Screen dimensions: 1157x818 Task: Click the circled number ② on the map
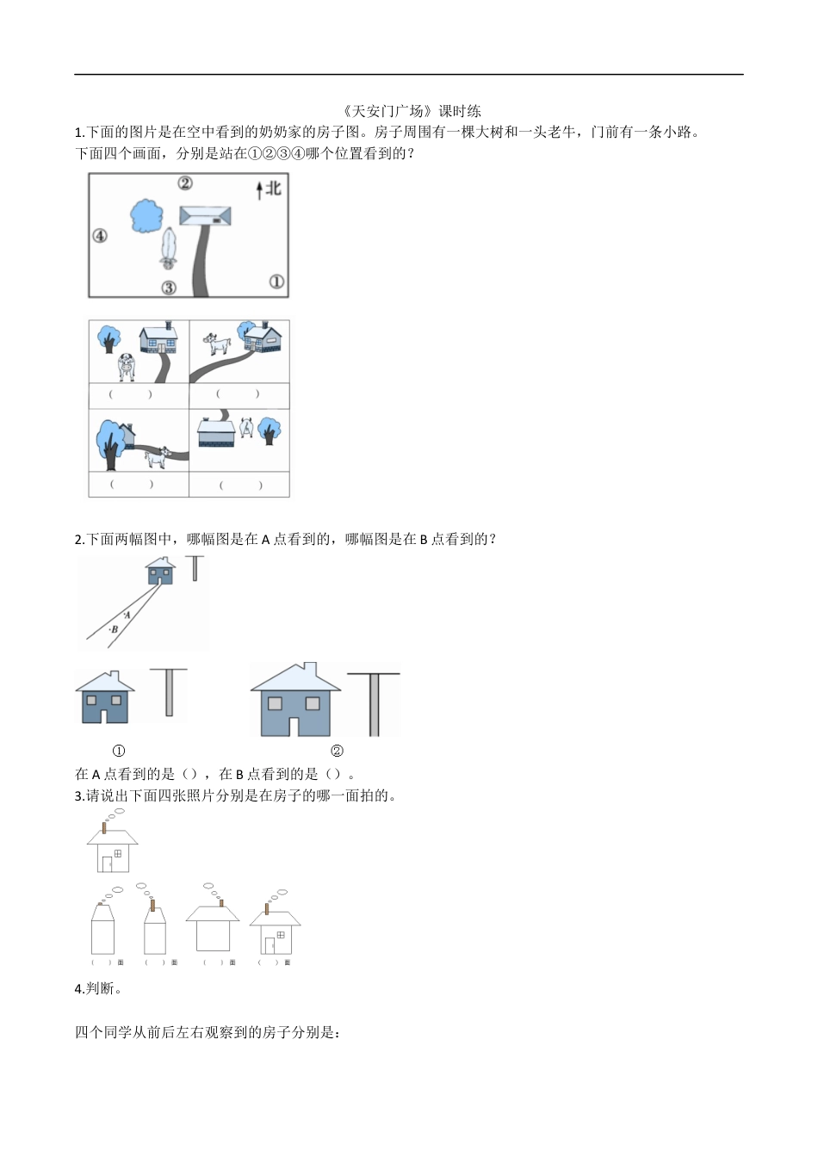[x=185, y=183]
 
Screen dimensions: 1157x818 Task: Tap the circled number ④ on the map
[x=100, y=235]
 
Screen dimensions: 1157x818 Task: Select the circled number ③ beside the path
[x=169, y=288]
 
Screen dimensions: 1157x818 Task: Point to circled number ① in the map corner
[x=276, y=282]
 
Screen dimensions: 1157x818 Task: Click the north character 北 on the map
[x=274, y=188]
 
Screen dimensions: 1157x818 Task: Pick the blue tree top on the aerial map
[x=146, y=215]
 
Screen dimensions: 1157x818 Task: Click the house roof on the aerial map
[x=206, y=215]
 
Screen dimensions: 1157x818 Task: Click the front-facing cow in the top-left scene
[x=127, y=368]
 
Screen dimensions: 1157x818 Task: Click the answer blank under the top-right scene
[x=239, y=394]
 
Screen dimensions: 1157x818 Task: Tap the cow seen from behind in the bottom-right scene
[x=247, y=427]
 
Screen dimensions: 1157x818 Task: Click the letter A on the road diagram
[x=127, y=615]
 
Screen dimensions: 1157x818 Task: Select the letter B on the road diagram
[x=114, y=630]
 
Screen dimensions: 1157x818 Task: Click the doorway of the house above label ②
[x=295, y=726]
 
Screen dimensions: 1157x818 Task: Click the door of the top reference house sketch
[x=106, y=863]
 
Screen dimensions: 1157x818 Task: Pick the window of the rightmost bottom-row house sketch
[x=281, y=935]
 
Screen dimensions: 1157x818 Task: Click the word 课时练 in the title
[x=460, y=111]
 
